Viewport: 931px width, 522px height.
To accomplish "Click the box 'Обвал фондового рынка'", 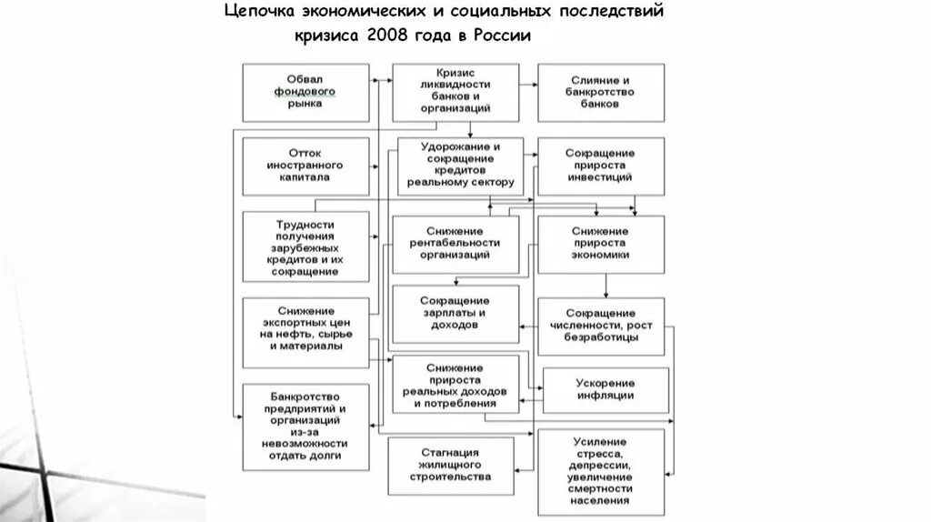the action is click(305, 93).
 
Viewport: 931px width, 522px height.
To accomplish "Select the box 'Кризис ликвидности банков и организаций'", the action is click(455, 93).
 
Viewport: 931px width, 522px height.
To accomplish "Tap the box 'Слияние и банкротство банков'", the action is click(600, 93).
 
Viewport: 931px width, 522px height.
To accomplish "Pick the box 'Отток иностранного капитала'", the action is click(305, 166).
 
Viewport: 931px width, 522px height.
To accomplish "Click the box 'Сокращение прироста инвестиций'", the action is click(600, 166).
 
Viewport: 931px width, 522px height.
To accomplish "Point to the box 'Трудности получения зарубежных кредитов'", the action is click(305, 247).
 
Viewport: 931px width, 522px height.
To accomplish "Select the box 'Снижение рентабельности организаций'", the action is click(455, 245).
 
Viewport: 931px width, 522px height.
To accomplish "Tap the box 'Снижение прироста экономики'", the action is click(600, 245).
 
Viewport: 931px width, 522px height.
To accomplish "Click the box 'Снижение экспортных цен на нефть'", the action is click(305, 331).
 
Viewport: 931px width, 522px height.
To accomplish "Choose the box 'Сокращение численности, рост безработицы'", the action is click(600, 326).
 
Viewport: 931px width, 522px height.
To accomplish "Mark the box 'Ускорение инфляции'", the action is click(605, 389).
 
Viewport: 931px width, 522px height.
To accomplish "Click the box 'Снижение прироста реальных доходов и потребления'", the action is click(455, 386).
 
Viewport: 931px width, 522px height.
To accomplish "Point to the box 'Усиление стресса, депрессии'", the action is click(600, 471).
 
